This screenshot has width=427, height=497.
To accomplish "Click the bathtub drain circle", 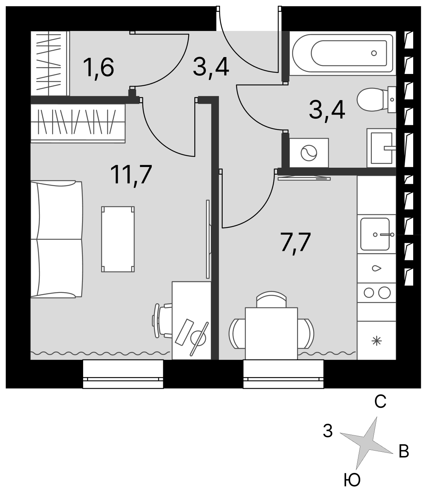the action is (374, 53).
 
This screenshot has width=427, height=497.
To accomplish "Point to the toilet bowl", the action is (372, 100).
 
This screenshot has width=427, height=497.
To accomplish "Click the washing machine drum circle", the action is (309, 153).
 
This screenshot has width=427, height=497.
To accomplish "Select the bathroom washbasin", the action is (381, 148).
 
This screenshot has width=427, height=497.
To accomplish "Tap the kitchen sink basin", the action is (375, 234).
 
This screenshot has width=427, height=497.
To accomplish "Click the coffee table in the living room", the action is (118, 239).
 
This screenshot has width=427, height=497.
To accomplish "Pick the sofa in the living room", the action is (57, 239).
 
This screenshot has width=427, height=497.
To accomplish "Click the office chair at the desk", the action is (162, 321).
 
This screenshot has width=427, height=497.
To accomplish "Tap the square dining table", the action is (271, 334).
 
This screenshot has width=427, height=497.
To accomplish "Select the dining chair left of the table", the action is (237, 334).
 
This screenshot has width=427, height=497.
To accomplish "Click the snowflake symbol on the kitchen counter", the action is (377, 341).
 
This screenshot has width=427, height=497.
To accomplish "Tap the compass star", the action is (366, 440).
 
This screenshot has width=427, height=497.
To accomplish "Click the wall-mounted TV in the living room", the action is (208, 239).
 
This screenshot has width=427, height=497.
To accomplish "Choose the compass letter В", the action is (404, 451).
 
